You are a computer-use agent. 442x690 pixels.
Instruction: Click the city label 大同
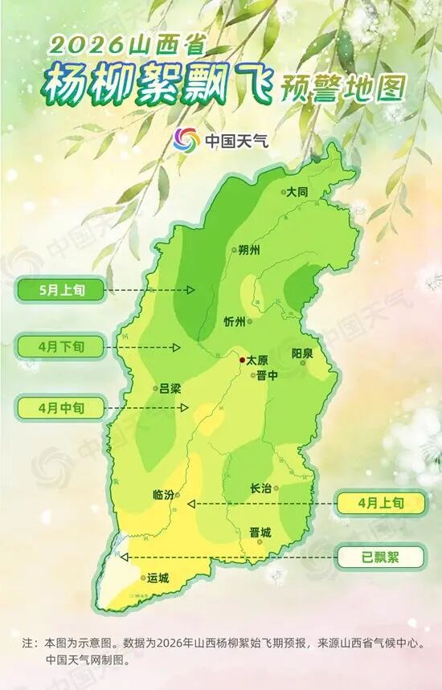pyautogui.click(x=298, y=192)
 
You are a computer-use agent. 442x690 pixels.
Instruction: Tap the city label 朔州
pyautogui.click(x=250, y=250)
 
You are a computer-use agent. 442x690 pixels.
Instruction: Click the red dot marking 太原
pyautogui.click(x=241, y=361)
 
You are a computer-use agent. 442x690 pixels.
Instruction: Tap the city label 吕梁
pyautogui.click(x=170, y=388)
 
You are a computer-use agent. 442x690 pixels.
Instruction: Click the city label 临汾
pyautogui.click(x=163, y=495)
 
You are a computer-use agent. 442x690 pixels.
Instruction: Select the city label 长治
pyautogui.click(x=261, y=488)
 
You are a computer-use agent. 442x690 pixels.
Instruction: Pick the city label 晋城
pyautogui.click(x=260, y=532)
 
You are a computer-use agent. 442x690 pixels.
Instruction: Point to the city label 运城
pyautogui.click(x=158, y=578)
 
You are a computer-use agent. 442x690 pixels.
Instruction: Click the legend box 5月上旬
pyautogui.click(x=60, y=289)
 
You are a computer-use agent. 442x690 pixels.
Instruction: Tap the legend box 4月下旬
pyautogui.click(x=60, y=348)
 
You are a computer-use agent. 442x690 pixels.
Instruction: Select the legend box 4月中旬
pyautogui.click(x=60, y=407)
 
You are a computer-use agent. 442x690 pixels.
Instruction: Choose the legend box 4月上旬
pyautogui.click(x=379, y=503)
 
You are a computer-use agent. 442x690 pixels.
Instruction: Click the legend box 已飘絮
pyautogui.click(x=379, y=556)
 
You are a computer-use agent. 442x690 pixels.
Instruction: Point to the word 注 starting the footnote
pyautogui.click(x=28, y=643)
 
